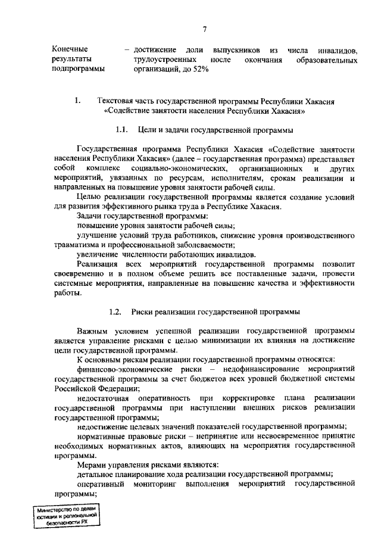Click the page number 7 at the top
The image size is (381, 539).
coord(204,29)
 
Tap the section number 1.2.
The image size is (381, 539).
coord(116,312)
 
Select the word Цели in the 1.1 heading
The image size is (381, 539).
coord(147,129)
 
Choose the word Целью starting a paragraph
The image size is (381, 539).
coord(90,197)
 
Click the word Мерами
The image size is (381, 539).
coord(92,464)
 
